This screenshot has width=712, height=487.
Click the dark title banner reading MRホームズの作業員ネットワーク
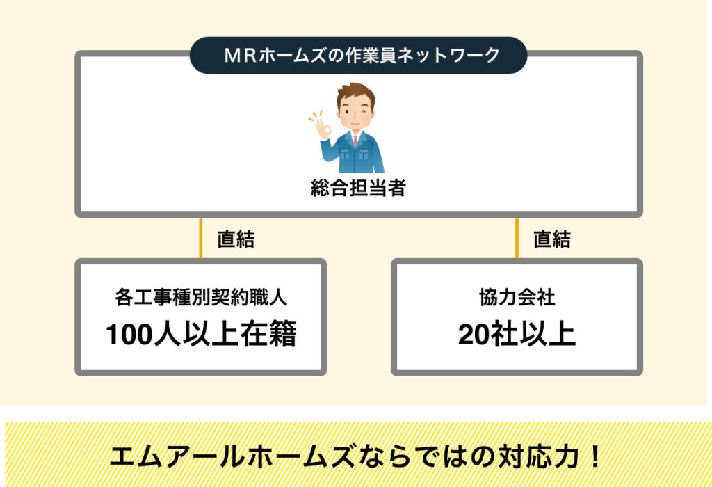(x=358, y=56)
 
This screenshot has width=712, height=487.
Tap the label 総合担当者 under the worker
(x=358, y=188)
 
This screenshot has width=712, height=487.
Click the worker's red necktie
(x=355, y=140)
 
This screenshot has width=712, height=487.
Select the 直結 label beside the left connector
(x=236, y=239)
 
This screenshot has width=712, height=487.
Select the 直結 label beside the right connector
(x=551, y=239)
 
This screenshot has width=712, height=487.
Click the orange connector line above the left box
(x=201, y=238)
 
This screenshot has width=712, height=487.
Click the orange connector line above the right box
(x=517, y=238)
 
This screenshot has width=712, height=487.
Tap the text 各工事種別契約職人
(x=201, y=298)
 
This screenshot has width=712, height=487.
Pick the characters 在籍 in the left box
(x=268, y=334)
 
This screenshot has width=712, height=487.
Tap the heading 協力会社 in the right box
(x=517, y=298)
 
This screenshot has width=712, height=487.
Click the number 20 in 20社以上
(x=474, y=335)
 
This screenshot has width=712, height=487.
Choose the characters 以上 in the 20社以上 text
(x=548, y=334)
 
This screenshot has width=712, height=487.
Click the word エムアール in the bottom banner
(x=177, y=456)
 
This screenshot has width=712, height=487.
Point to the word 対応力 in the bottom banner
(x=538, y=456)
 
